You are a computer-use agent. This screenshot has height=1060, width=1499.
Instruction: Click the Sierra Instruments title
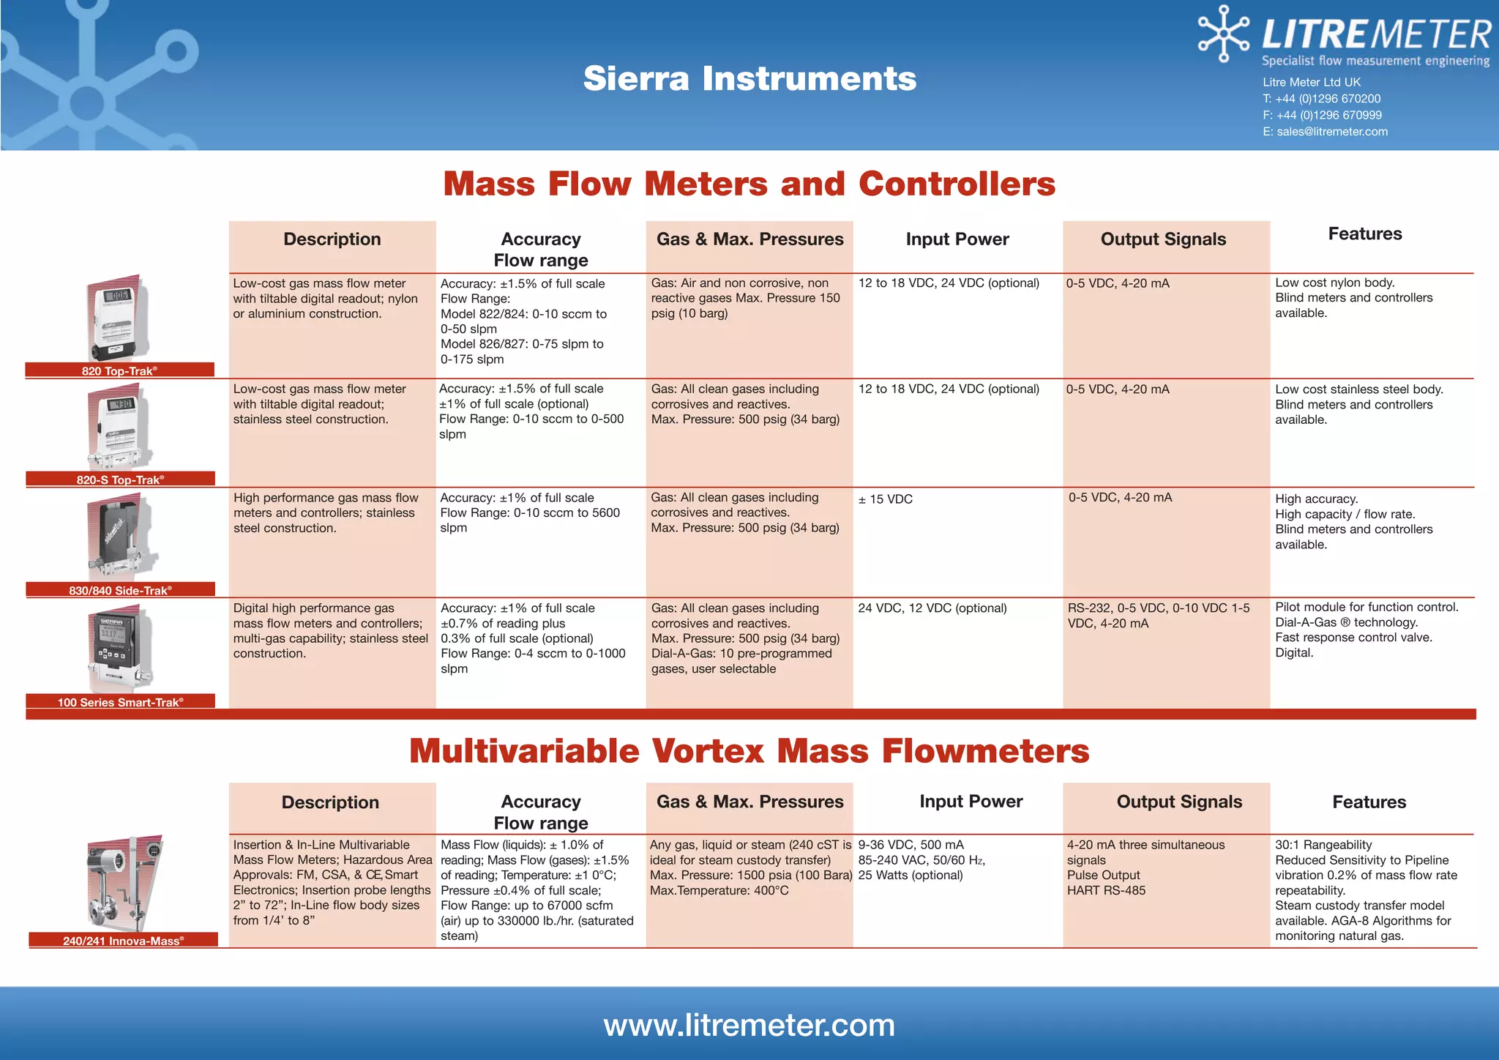click(749, 78)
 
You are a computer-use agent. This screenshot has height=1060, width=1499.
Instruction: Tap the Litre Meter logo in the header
click(1344, 37)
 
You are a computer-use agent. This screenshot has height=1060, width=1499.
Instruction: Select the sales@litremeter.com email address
click(1331, 132)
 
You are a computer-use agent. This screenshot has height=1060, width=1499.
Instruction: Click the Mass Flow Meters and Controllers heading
click(749, 184)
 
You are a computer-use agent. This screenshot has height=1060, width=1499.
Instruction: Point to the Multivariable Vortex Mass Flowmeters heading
click(749, 751)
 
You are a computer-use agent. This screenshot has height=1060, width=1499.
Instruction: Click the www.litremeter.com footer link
click(749, 1025)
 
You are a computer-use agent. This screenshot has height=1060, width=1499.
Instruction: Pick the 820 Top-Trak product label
click(119, 370)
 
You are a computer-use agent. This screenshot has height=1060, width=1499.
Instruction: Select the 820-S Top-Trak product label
click(120, 479)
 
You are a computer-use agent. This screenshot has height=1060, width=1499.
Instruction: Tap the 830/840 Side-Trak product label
click(120, 590)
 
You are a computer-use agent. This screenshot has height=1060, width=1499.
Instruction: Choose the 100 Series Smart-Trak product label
click(120, 702)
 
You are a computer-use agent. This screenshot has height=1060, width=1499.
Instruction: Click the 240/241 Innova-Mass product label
click(123, 941)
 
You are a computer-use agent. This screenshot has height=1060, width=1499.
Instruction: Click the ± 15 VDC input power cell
click(886, 499)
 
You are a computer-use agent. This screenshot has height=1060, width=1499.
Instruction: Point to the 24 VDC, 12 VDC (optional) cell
click(932, 608)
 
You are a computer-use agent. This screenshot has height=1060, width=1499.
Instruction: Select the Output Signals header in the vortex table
click(1179, 802)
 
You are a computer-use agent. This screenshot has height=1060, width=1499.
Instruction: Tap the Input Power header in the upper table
click(957, 239)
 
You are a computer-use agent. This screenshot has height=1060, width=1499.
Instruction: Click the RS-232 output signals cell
click(1159, 616)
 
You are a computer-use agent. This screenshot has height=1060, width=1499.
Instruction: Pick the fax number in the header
click(1322, 115)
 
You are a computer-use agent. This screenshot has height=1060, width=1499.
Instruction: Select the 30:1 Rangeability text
click(1323, 845)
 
